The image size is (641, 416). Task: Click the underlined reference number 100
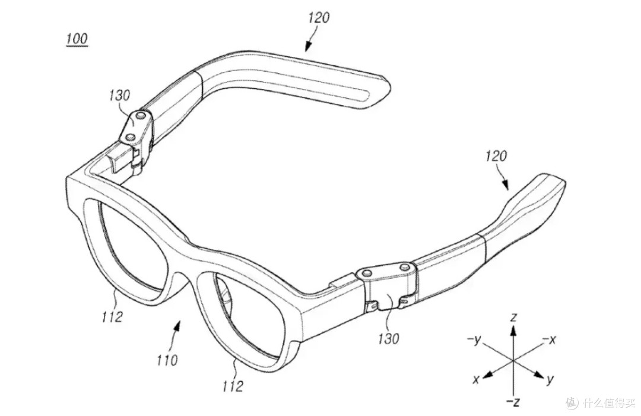pyautogui.click(x=77, y=39)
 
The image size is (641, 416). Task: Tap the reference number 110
pyautogui.click(x=167, y=360)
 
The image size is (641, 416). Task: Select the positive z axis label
pyautogui.click(x=514, y=317)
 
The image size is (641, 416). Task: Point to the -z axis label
pyautogui.click(x=513, y=402)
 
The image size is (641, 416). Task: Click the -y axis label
pyautogui.click(x=474, y=339)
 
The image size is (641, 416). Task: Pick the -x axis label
pyautogui.click(x=549, y=339)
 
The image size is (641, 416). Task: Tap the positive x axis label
pyautogui.click(x=475, y=380)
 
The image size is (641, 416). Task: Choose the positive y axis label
pyautogui.click(x=550, y=379)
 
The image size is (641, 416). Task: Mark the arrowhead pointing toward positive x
pyautogui.click(x=487, y=374)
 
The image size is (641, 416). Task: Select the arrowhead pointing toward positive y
pyautogui.click(x=538, y=374)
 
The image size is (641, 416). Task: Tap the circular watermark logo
pyautogui.click(x=572, y=402)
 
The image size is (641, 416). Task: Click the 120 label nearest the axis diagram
pyautogui.click(x=496, y=155)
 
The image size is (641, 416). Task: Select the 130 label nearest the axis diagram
pyautogui.click(x=388, y=338)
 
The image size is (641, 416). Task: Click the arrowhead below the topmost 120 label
pyautogui.click(x=307, y=46)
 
